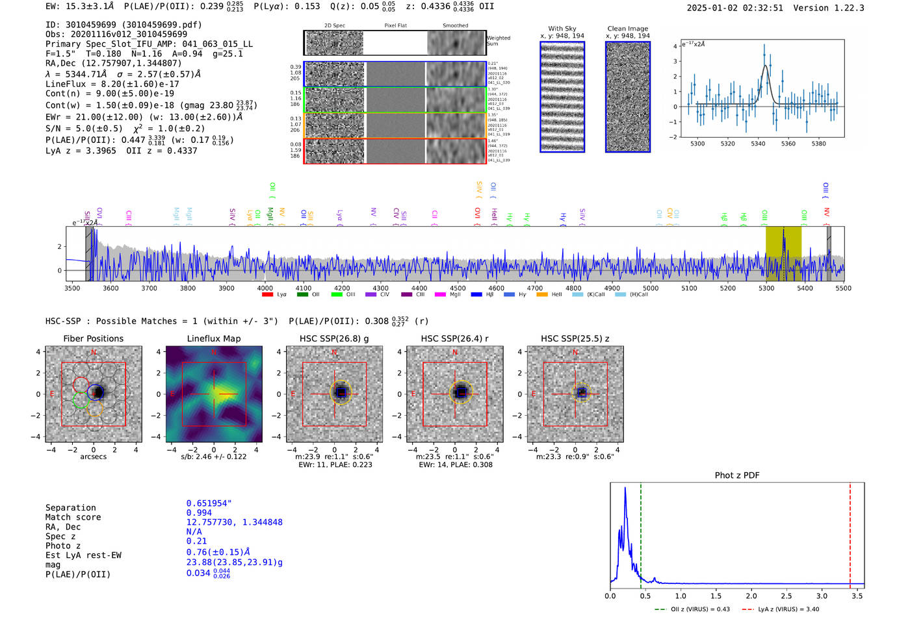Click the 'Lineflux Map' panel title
(x=213, y=338)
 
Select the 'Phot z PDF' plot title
(x=736, y=475)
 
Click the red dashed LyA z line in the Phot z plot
(x=850, y=533)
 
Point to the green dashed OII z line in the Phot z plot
(x=640, y=533)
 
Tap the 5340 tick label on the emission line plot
(x=758, y=144)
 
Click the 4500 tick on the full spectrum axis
(x=458, y=288)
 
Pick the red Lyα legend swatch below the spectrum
(x=267, y=295)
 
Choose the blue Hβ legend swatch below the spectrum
(x=476, y=295)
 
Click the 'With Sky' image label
(x=562, y=29)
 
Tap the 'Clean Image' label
(x=627, y=29)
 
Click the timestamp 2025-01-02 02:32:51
(x=734, y=8)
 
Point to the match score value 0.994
(x=199, y=512)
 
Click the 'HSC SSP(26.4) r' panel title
(x=454, y=338)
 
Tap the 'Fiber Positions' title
(x=93, y=338)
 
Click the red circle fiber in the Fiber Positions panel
(x=81, y=384)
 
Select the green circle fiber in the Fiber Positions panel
(x=81, y=400)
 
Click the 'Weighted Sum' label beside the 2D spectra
(x=498, y=40)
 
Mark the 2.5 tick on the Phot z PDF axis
(x=786, y=596)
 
